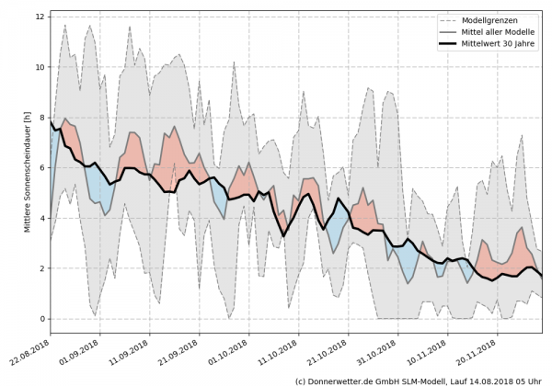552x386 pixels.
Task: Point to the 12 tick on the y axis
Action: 41,17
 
